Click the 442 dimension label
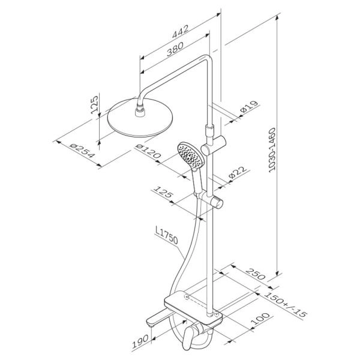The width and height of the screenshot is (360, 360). (181, 31)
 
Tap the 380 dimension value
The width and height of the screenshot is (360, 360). (175, 49)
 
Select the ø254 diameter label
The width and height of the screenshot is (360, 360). (82, 151)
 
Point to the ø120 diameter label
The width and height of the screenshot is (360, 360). (148, 151)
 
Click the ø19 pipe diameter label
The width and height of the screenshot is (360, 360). (249, 106)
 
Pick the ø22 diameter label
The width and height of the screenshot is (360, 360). (238, 172)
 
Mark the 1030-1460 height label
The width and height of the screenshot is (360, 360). (272, 150)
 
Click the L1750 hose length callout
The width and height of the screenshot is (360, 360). (166, 235)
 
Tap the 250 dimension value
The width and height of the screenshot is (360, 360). (256, 274)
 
